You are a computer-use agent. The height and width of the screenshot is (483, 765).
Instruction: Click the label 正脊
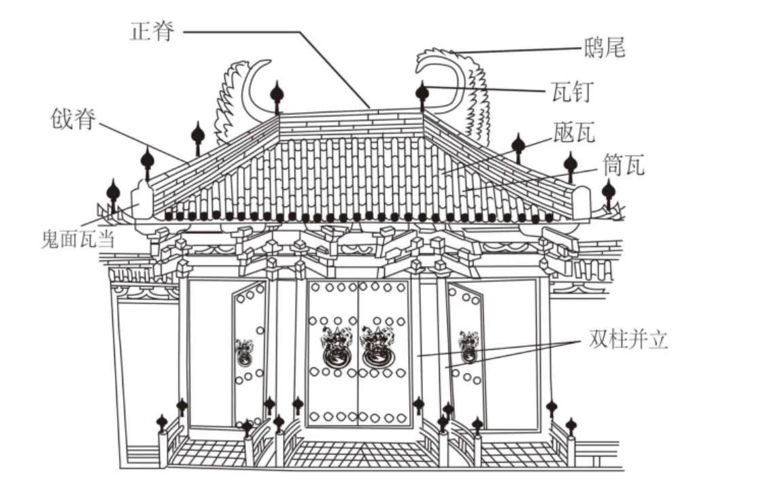(x=152, y=31)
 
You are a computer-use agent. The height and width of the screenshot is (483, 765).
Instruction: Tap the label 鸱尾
(x=604, y=48)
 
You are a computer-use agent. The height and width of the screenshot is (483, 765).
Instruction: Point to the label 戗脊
(x=73, y=119)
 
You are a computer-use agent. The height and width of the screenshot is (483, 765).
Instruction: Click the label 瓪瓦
(x=574, y=132)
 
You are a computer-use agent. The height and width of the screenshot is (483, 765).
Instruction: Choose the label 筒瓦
(x=624, y=165)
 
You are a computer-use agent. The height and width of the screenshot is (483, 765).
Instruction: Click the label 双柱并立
(x=628, y=339)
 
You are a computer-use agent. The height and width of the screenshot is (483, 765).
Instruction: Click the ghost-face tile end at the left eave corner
(x=142, y=200)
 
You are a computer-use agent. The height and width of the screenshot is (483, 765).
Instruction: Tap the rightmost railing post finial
(x=571, y=427)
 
